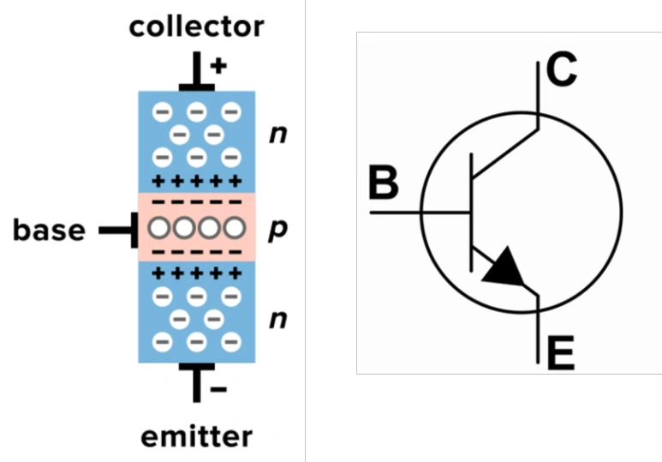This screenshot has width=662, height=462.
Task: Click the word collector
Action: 196,27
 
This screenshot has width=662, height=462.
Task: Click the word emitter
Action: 196,436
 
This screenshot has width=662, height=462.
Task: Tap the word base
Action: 49,230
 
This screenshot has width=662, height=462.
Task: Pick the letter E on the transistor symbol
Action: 560,352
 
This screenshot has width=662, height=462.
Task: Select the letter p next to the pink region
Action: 276,231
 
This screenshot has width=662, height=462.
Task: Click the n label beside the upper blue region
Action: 277,135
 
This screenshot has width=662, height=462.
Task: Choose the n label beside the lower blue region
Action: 277,320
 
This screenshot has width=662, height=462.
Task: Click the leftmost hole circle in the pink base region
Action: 157,228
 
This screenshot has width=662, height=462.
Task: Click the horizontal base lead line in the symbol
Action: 420,211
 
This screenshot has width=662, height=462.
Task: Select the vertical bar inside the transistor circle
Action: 472,211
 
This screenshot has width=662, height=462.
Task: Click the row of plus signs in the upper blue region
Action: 196,181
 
